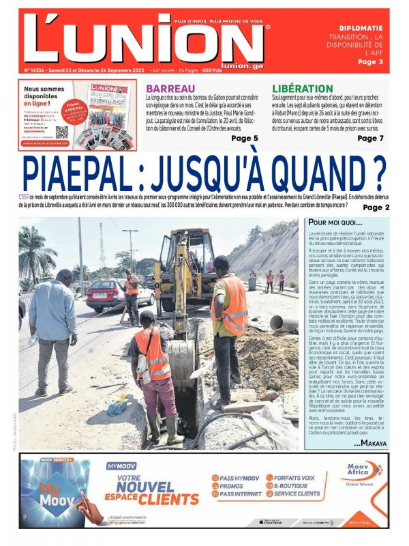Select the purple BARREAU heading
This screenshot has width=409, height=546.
[x=170, y=89]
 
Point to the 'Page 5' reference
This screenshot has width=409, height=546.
[x=244, y=139]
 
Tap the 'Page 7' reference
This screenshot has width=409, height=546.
[x=371, y=139]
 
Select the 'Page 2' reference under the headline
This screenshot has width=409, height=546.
[x=376, y=207]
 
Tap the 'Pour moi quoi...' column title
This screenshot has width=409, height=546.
[x=335, y=222]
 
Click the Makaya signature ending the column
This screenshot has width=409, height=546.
[x=374, y=443]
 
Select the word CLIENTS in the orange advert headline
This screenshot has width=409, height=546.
[x=172, y=499]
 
